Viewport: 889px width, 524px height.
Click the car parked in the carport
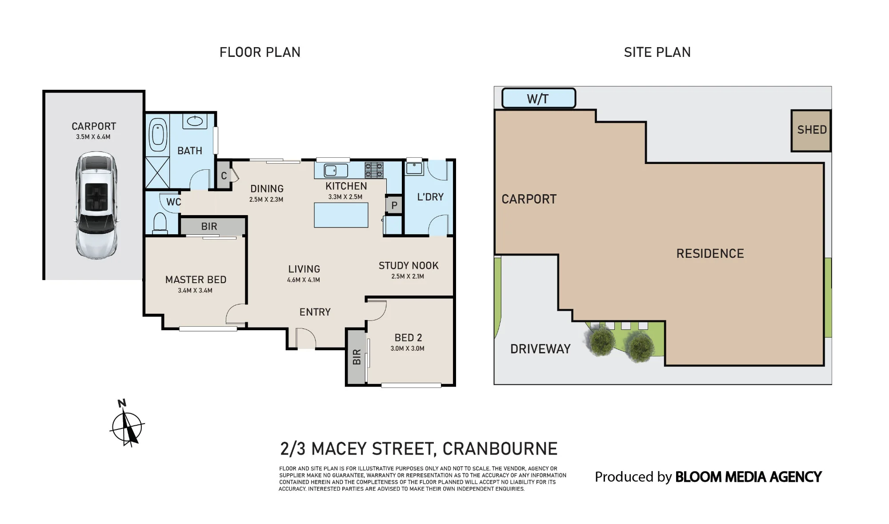click(x=96, y=205)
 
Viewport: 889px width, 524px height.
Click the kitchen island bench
click(x=341, y=215)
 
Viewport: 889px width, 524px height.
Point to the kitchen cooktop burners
click(x=374, y=170)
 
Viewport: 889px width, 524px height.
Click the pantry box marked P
click(x=394, y=205)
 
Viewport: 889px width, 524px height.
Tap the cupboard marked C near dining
click(x=224, y=176)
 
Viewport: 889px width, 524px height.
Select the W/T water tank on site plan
click(x=539, y=98)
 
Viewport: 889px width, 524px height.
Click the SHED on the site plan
click(x=811, y=130)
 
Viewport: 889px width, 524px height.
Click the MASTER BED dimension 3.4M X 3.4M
click(x=195, y=291)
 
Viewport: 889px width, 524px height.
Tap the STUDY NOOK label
click(x=408, y=266)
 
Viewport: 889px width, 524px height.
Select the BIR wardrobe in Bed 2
click(x=356, y=357)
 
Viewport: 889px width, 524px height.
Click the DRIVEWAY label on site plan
click(x=541, y=349)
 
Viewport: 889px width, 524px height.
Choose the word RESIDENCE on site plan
click(x=710, y=253)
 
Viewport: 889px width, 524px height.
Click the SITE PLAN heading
click(x=657, y=52)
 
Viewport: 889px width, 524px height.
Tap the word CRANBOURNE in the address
click(x=500, y=449)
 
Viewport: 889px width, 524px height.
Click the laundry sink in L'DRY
click(x=414, y=168)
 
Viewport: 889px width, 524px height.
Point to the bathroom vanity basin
click(x=194, y=121)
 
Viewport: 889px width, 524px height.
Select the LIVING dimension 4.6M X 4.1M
click(x=304, y=280)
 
